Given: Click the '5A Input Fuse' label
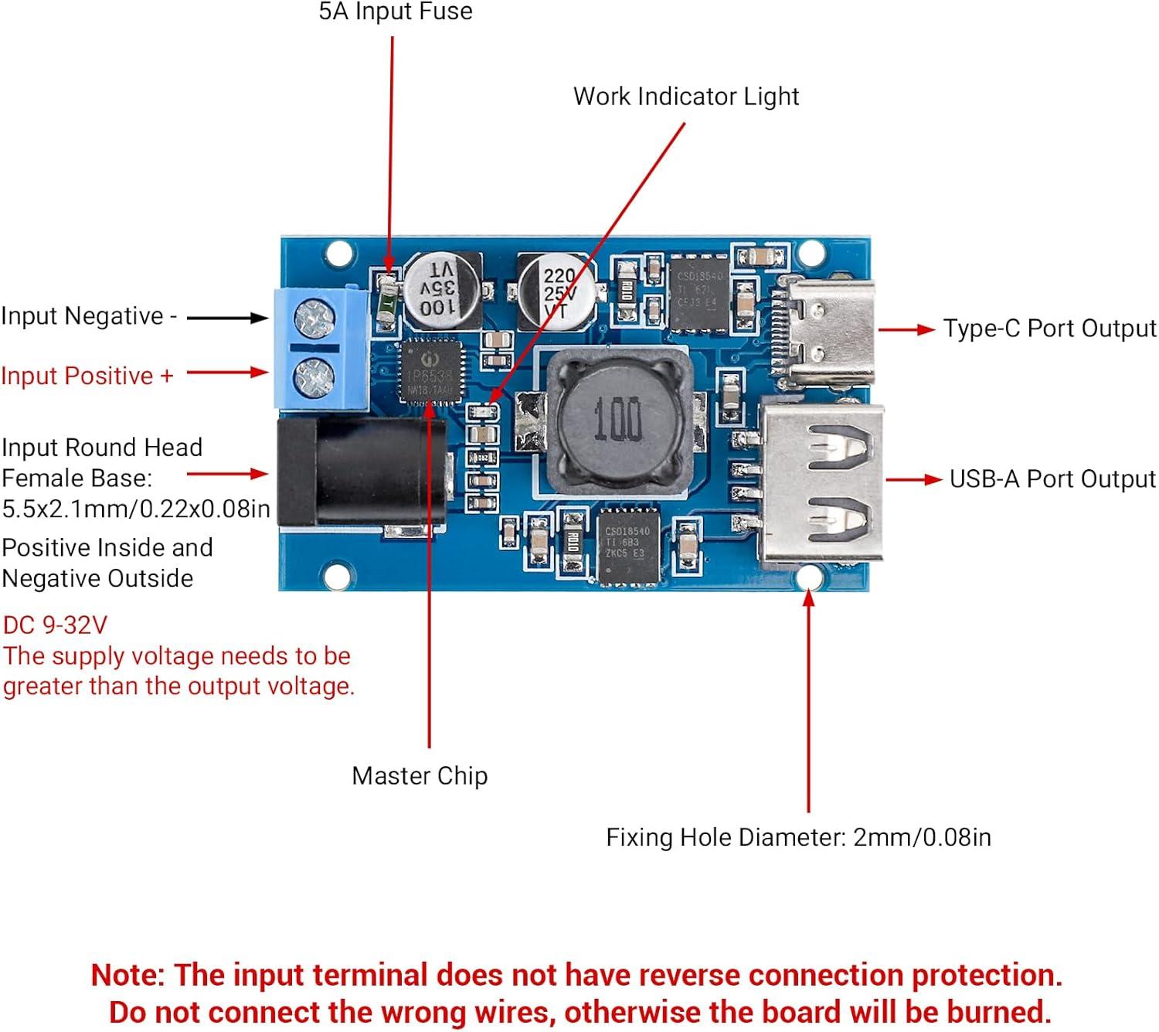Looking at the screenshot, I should coord(395,12).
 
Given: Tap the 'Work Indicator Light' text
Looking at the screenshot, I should coord(685,97).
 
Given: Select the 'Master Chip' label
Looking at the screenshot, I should coord(420,775).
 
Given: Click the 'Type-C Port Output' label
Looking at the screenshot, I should coord(1049,329).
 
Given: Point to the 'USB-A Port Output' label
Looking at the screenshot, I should coord(1052,479).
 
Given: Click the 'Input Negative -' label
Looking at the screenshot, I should coord(89,316).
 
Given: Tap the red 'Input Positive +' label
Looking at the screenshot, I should coord(87,376).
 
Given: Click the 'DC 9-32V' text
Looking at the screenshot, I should coord(55,625).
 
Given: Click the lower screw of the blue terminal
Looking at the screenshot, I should coord(314,376).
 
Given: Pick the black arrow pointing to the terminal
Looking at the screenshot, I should coord(227,318).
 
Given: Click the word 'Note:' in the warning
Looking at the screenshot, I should coord(128,975).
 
